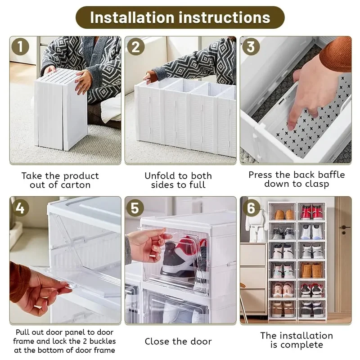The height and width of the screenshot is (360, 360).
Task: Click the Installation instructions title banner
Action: click(x=180, y=18)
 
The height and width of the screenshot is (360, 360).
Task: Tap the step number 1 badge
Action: click(x=20, y=47)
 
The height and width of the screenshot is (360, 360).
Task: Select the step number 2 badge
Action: click(x=136, y=47)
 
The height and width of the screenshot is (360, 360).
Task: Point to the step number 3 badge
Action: click(x=251, y=47)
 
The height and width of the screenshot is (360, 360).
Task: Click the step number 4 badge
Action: click(x=20, y=208)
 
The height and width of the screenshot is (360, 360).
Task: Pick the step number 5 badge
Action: click(x=135, y=208)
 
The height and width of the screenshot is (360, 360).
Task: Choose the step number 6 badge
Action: click(x=251, y=208)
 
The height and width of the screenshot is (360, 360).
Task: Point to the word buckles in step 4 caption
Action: click(x=103, y=341)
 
